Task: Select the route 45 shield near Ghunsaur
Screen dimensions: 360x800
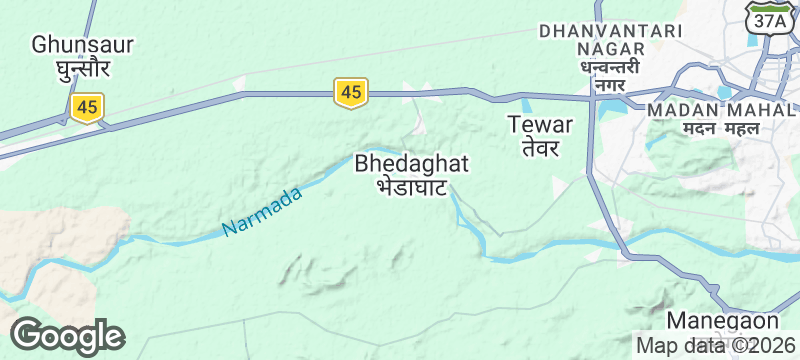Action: click(x=88, y=107)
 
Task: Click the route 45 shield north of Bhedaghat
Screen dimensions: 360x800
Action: click(x=350, y=92)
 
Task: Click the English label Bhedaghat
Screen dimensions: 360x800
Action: click(x=412, y=162)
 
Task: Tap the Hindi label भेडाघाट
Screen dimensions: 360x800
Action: click(x=410, y=186)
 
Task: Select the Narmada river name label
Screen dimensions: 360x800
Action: click(x=262, y=213)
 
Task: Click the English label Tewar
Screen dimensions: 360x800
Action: click(x=540, y=125)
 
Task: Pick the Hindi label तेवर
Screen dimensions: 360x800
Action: click(x=540, y=148)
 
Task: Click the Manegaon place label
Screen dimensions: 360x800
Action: click(x=722, y=321)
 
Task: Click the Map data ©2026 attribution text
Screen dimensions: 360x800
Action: click(x=710, y=346)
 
